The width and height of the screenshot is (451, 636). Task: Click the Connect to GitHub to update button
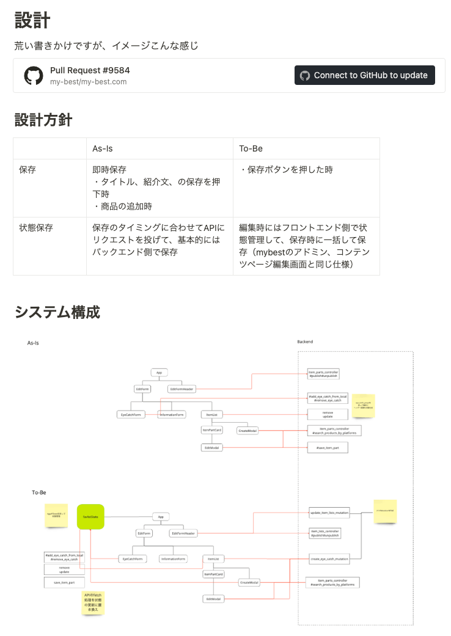365,75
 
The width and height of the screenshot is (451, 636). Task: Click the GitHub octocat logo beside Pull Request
34,76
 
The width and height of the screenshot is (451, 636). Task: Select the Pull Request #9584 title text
90,70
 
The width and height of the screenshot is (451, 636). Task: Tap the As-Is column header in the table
103,148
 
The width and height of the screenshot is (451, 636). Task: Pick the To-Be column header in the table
251,148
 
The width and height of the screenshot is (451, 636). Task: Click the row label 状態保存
36,228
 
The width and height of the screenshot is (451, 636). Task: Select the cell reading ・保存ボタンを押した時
287,170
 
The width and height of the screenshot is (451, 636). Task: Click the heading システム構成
57,312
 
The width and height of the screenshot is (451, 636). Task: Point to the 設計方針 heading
43,120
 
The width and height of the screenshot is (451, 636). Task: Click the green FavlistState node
90,517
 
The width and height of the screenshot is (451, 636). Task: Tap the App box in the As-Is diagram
159,372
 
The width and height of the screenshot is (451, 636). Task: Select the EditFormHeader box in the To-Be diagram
183,533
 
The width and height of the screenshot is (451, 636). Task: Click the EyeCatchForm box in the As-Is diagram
130,415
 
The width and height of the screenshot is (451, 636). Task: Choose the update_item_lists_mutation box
329,513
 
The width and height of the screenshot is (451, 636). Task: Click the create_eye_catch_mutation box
329,558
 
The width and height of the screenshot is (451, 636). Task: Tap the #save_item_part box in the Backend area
328,448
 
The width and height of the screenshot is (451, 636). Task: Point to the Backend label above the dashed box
305,342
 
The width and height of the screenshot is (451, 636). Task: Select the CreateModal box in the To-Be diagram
249,582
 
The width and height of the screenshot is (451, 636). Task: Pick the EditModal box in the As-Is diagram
212,448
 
